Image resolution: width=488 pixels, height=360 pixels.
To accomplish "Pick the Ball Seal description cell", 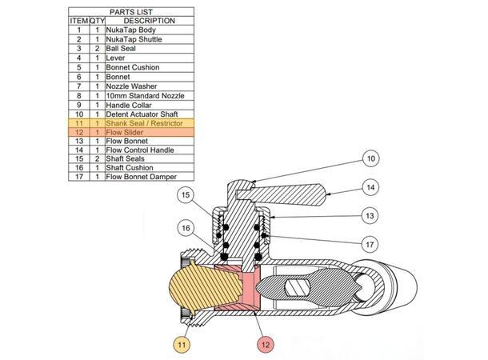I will (121, 49).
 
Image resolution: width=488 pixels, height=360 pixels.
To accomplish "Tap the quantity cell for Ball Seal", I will (97, 49).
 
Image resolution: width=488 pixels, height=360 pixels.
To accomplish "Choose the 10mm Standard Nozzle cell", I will (140, 95).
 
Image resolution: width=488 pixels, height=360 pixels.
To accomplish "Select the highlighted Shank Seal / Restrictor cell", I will (145, 124).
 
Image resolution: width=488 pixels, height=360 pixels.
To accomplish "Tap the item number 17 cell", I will (79, 177).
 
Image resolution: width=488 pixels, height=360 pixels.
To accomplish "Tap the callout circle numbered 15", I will (186, 195).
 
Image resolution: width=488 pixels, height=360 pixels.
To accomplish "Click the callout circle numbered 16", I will (186, 228).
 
